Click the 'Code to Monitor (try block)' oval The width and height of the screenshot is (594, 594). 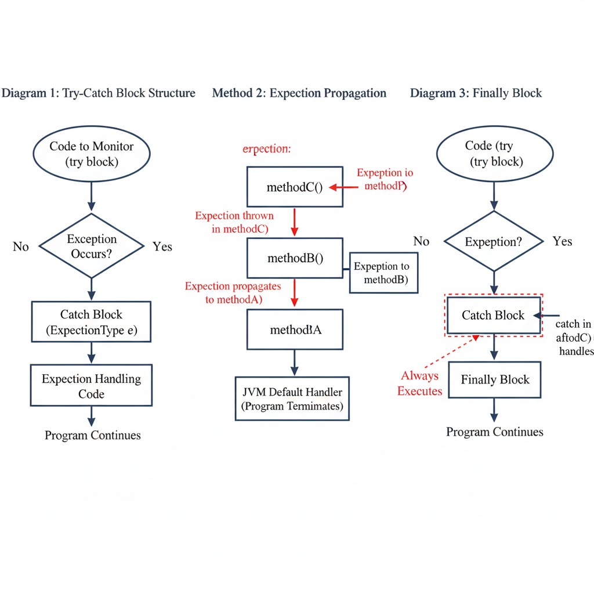(91, 154)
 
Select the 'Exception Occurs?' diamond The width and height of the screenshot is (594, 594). (91, 246)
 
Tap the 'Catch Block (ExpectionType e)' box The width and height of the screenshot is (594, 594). (91, 323)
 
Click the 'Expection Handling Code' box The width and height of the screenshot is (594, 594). (91, 386)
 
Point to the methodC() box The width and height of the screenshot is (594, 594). (294, 187)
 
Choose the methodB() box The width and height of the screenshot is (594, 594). (295, 259)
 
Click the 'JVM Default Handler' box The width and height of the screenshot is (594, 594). (292, 399)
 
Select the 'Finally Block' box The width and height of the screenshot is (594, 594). (495, 380)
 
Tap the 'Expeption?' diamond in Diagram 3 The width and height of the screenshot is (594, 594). (494, 241)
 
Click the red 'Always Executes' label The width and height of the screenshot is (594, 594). (419, 383)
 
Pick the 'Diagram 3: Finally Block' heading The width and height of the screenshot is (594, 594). (476, 93)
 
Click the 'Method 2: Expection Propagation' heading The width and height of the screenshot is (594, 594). (299, 93)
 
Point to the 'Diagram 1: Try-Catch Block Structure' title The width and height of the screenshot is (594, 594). (99, 93)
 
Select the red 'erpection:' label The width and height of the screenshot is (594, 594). (266, 148)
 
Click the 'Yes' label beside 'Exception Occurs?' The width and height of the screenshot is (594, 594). (162, 247)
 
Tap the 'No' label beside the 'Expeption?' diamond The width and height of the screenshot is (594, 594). (421, 241)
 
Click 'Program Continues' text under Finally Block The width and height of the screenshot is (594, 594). (494, 432)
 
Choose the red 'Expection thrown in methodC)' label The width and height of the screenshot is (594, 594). (234, 222)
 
